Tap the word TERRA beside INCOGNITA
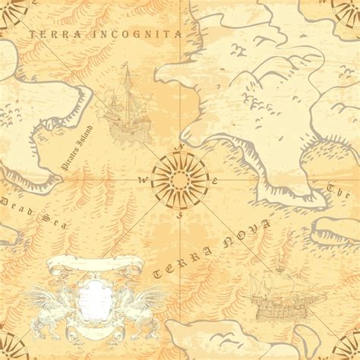coord(52,34)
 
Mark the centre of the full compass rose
coord(179,179)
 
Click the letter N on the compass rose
coord(179,148)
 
